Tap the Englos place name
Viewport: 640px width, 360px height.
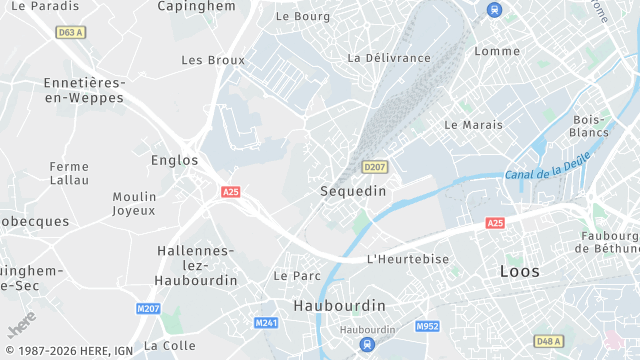175,160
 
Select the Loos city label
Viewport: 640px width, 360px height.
520,272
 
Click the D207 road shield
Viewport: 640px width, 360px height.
375,167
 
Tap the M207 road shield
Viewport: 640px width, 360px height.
149,309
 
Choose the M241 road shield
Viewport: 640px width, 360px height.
266,323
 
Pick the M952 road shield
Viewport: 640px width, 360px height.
428,326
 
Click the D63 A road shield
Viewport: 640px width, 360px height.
70,33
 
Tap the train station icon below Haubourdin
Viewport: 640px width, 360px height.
367,345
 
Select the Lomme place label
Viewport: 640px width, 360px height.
497,51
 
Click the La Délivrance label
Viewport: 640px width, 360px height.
388,58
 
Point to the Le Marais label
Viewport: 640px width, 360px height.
472,125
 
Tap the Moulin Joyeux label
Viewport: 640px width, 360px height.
134,203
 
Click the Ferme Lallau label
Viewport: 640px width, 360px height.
69,173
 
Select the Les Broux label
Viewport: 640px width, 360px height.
213,60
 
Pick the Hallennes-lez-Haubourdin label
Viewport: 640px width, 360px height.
196,266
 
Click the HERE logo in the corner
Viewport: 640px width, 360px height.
21,324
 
